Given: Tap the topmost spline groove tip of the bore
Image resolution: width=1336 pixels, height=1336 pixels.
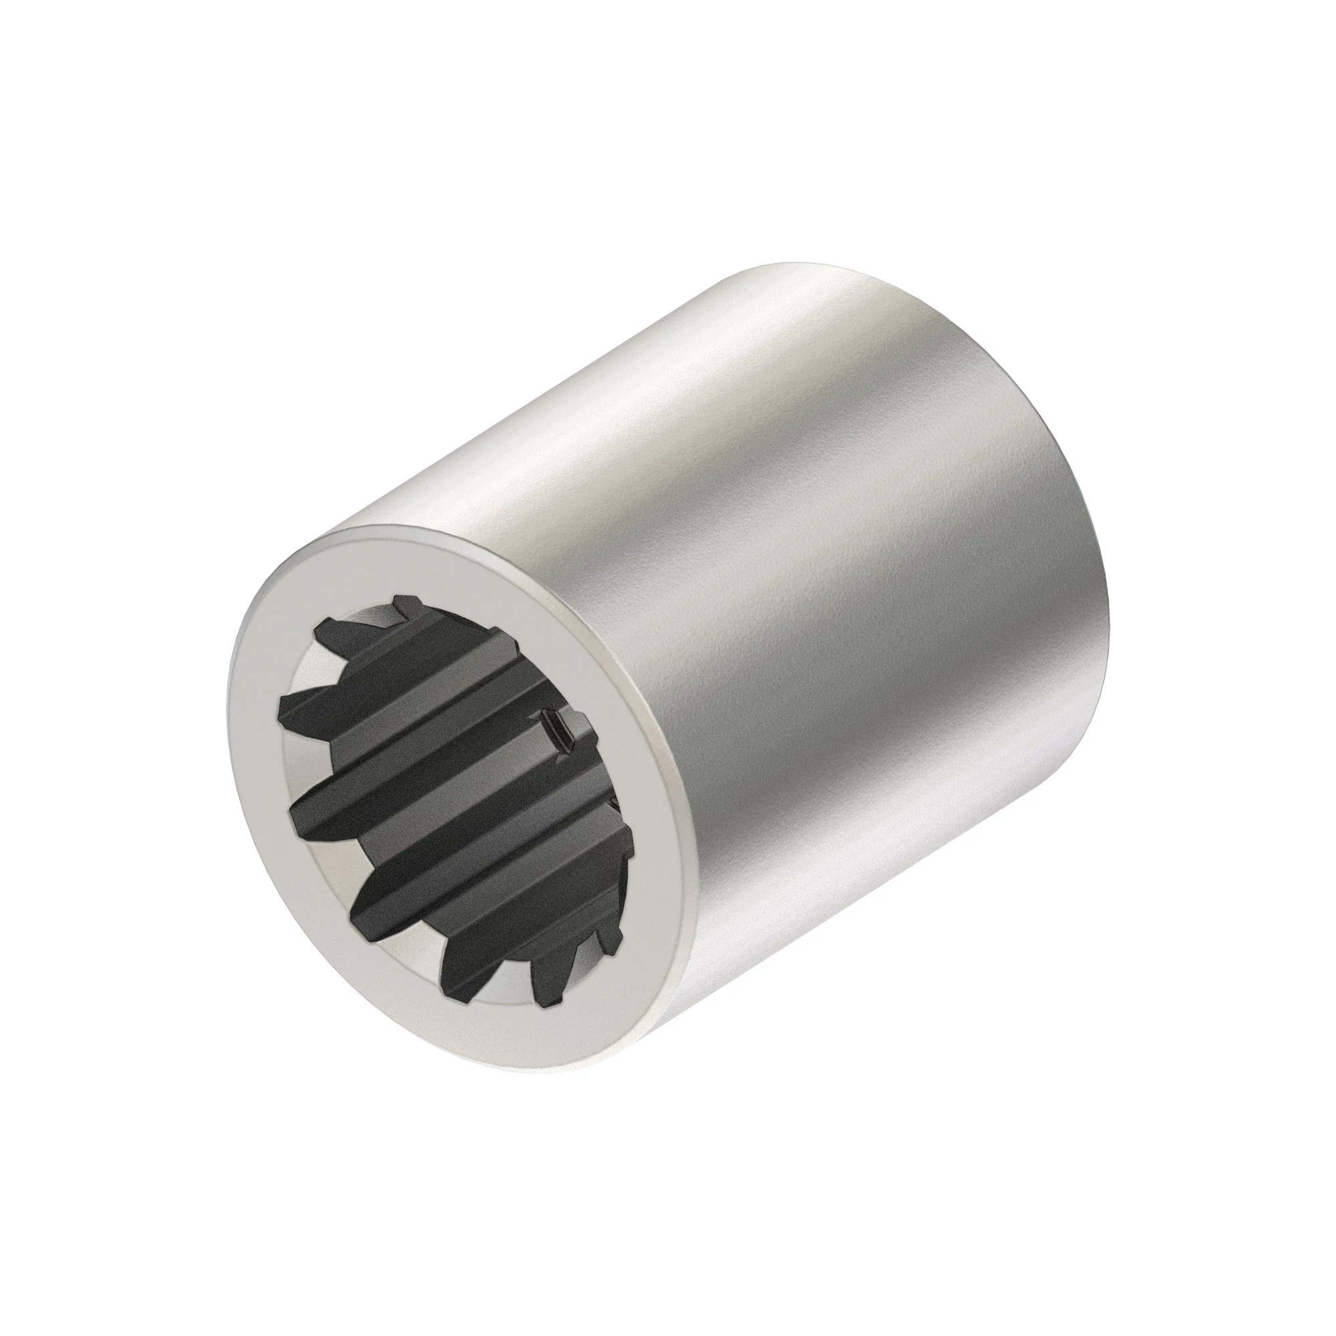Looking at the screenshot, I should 399,601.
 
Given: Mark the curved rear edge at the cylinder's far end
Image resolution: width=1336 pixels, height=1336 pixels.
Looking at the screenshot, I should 1079,450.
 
